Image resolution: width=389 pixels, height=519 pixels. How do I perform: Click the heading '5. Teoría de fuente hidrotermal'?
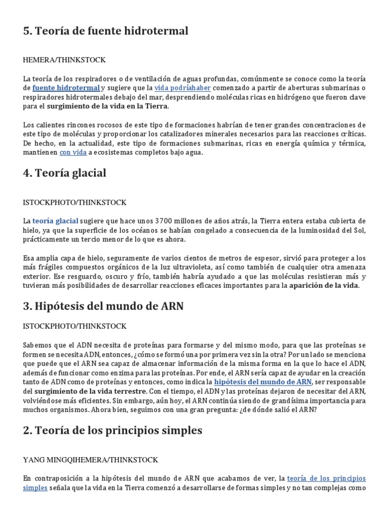[x=105, y=31]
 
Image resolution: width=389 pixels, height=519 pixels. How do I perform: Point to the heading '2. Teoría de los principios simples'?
[x=112, y=431]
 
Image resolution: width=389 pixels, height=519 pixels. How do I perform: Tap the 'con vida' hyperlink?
[x=73, y=152]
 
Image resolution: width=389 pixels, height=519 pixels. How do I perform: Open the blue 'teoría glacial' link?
[x=55, y=221]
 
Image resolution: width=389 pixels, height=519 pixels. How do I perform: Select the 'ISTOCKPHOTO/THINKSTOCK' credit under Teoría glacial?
[x=74, y=202]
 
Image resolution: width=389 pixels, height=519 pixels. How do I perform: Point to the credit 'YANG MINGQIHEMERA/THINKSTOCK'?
[x=91, y=460]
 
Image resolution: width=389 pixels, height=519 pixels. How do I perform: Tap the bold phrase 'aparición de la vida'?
[x=324, y=286]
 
